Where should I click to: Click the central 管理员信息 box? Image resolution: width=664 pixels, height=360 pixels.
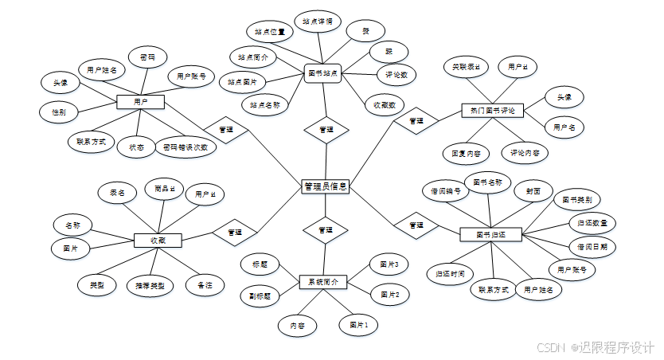click(326, 186)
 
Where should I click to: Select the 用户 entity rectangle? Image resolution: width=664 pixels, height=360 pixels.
click(140, 102)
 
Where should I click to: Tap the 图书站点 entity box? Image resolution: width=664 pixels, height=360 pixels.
click(324, 73)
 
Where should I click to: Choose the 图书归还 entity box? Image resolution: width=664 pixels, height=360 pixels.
click(490, 234)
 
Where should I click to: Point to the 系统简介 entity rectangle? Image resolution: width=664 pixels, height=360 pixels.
click(323, 282)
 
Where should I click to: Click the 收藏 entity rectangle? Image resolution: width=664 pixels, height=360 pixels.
click(158, 240)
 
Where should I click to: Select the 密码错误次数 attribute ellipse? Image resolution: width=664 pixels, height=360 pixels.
click(186, 147)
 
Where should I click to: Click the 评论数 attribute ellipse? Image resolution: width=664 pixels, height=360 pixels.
click(396, 75)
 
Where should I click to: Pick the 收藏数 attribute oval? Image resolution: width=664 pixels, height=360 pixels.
click(385, 104)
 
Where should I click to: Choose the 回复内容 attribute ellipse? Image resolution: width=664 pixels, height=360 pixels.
click(466, 151)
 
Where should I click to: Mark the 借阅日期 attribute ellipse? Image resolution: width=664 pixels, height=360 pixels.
click(592, 246)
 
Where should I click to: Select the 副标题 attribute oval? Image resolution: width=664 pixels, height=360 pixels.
click(260, 295)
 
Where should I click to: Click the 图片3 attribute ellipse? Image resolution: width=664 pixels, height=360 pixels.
click(389, 264)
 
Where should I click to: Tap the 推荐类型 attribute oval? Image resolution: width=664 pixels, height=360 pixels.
click(150, 284)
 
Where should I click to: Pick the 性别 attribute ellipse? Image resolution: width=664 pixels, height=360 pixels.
click(59, 112)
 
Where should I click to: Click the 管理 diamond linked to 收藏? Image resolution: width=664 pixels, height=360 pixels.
click(235, 232)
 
